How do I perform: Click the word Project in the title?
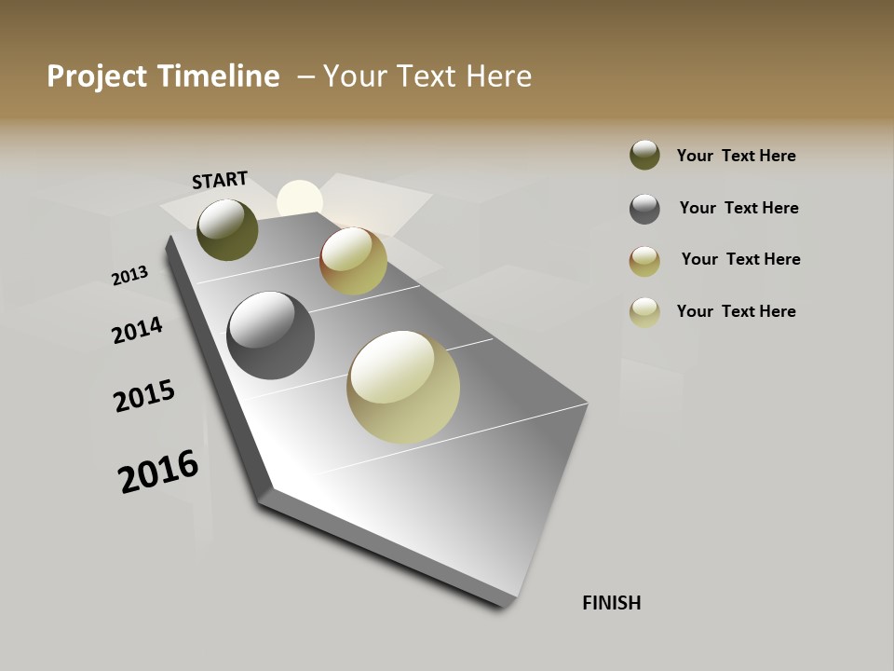96,76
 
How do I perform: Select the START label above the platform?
220,180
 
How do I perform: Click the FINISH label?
612,603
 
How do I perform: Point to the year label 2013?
129,276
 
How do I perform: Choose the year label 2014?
138,331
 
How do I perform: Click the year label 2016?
158,472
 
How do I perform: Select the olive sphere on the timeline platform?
227,229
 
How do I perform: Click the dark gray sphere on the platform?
271,335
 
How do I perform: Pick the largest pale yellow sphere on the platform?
403,387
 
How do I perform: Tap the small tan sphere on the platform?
353,261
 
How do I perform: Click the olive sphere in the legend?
644,155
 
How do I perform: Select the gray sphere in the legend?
644,209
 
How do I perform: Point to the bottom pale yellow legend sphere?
644,312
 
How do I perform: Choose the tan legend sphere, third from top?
644,261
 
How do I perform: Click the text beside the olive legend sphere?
736,156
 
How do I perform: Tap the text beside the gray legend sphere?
738,208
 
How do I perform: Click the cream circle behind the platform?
300,199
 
